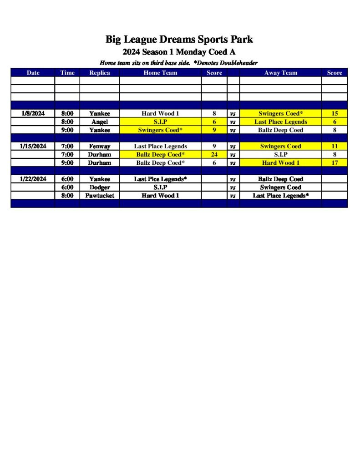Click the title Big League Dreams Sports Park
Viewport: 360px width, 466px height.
pos(179,39)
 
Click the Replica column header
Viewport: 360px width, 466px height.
pos(100,73)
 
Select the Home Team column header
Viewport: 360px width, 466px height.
pos(160,73)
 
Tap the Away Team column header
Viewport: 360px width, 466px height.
pos(280,73)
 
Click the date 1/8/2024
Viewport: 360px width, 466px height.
pos(33,113)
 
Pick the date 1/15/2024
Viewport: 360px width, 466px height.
pos(33,147)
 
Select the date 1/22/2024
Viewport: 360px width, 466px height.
pos(33,179)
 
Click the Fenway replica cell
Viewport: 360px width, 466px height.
pos(100,147)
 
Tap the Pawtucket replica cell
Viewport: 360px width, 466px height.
pos(100,196)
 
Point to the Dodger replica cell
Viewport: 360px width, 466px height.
pos(100,187)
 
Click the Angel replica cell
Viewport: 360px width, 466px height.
pos(100,122)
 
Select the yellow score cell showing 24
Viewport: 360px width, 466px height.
pos(214,155)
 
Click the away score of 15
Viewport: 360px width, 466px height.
pos(335,113)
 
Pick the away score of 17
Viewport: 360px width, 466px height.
pos(335,163)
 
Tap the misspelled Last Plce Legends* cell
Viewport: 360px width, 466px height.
pos(160,179)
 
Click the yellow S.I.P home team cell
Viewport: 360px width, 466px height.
pos(160,122)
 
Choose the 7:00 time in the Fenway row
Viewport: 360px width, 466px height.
pos(67,147)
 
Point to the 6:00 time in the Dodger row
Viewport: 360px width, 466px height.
pos(67,187)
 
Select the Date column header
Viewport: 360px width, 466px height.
pos(33,73)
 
